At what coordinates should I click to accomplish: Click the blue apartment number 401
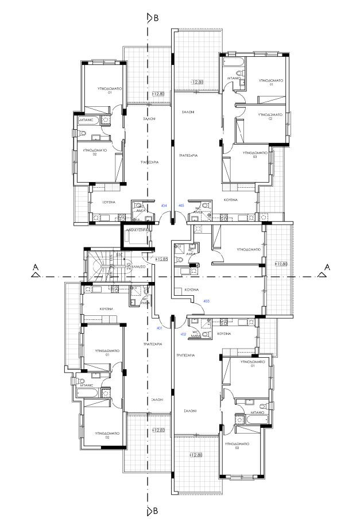click(x=160, y=328)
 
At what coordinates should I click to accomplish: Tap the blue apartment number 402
click(x=183, y=334)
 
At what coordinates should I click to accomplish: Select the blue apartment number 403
click(x=206, y=301)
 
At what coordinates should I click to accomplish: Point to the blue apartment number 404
click(x=164, y=205)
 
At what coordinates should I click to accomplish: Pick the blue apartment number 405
click(x=181, y=205)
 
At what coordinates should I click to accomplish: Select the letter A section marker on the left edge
click(x=36, y=268)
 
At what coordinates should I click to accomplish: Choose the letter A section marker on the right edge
click(x=327, y=267)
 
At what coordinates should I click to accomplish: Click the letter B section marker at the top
click(x=156, y=18)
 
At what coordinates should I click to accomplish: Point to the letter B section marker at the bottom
click(x=156, y=510)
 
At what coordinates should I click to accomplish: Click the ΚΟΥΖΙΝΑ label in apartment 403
click(x=192, y=291)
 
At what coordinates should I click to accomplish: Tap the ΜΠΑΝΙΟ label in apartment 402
click(x=257, y=412)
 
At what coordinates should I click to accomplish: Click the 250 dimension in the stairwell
click(x=119, y=254)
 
